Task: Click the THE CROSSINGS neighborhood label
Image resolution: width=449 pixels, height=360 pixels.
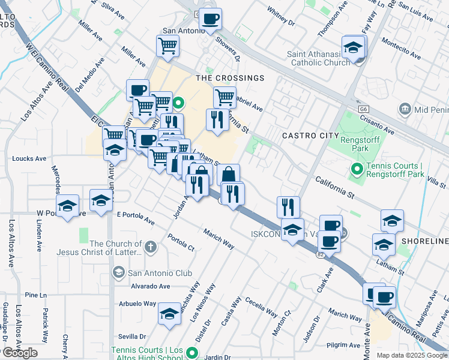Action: [230, 78]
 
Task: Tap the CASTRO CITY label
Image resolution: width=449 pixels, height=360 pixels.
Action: [310, 136]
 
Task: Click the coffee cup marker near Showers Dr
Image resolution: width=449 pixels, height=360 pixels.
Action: [210, 19]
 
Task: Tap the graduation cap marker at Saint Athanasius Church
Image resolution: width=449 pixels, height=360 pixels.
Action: [354, 48]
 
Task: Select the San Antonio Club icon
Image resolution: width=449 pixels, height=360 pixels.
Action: [118, 273]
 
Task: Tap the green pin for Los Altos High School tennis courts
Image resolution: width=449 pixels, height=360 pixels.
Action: [192, 353]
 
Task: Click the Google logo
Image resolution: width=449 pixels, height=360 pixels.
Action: [20, 353]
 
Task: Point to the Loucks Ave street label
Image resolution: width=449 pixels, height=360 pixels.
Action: [29, 159]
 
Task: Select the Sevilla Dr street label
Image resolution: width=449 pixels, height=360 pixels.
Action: [133, 337]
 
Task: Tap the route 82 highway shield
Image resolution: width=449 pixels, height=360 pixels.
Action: [321, 254]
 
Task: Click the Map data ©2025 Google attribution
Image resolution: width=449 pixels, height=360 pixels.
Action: [411, 355]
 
